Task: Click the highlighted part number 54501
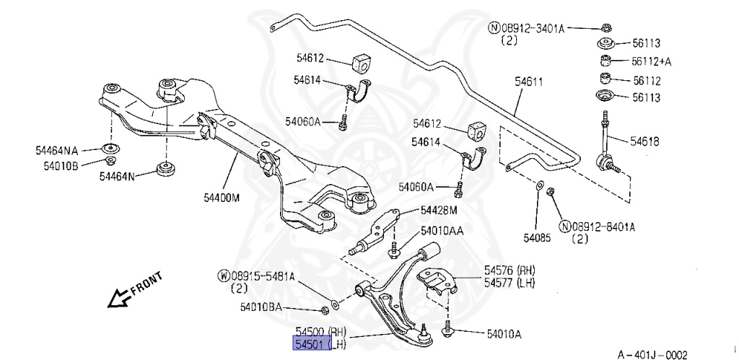[x=310, y=345]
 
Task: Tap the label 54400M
[x=220, y=197]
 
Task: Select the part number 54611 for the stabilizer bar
[x=529, y=84]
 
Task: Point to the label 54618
[x=644, y=141]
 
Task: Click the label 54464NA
[x=56, y=151]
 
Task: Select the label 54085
[x=538, y=237]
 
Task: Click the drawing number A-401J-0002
[x=652, y=354]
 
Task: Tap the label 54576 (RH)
[x=510, y=270]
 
